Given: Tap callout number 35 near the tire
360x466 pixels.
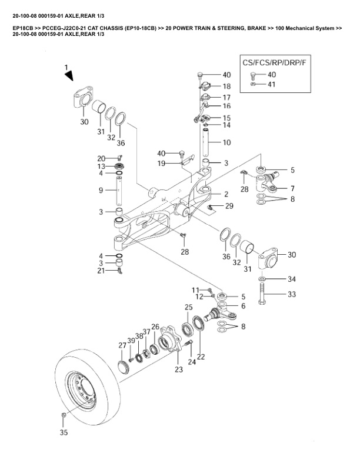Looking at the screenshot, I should [64, 432].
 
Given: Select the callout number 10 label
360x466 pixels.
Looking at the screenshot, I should [226, 142].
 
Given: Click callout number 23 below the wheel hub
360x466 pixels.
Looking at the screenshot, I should [178, 370].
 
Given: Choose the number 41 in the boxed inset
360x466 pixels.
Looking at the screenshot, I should [271, 84].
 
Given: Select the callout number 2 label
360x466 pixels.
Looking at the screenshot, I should [225, 193].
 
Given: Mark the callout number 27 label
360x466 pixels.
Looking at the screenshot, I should [122, 345].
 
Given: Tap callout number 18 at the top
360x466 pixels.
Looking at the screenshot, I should [226, 86].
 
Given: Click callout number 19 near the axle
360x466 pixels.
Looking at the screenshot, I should [161, 163].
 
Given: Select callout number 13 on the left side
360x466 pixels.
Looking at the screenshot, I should [101, 166].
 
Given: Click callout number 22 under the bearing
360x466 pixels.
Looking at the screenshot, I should [201, 357].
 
